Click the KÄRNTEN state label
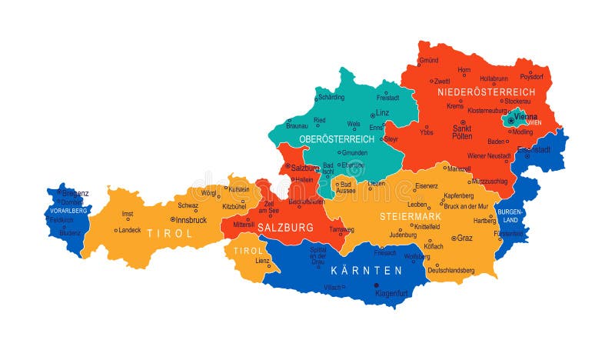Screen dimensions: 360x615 pyautogui.click(x=366, y=271)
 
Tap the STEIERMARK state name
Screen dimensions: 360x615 pyautogui.click(x=411, y=216)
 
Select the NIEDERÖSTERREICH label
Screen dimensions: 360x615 pyautogui.click(x=486, y=92)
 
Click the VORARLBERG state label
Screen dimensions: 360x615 pyautogui.click(x=67, y=210)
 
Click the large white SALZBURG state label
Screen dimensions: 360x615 pyautogui.click(x=286, y=228)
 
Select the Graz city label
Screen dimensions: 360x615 pyautogui.click(x=464, y=238)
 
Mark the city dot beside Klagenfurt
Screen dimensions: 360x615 pyautogui.click(x=377, y=285)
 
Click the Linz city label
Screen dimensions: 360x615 pyautogui.click(x=382, y=112)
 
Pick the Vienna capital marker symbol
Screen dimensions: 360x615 pyautogui.click(x=510, y=120)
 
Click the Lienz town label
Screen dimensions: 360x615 pyautogui.click(x=263, y=261)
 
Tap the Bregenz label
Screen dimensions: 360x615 pyautogui.click(x=75, y=192)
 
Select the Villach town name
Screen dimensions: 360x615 pyautogui.click(x=332, y=287)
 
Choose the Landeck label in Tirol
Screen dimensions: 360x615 pyautogui.click(x=129, y=229)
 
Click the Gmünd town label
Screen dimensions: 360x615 pyautogui.click(x=428, y=60)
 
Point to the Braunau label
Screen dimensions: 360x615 pyautogui.click(x=297, y=125)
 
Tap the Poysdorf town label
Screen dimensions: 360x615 pyautogui.click(x=531, y=77)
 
